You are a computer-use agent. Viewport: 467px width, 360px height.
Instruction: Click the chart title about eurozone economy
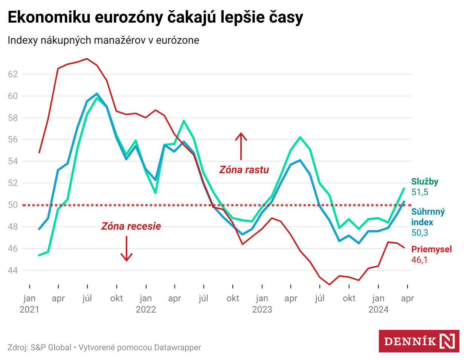[x=155, y=17]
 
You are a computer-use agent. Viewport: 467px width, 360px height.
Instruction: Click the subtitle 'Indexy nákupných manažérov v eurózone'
[x=103, y=40]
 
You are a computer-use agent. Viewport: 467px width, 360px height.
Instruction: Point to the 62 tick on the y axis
[x=13, y=74]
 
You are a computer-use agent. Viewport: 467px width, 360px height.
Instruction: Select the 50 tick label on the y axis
[x=13, y=205]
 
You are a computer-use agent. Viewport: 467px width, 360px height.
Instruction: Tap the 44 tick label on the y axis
[x=13, y=270]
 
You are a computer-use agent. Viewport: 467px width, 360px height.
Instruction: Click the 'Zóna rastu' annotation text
[x=244, y=170]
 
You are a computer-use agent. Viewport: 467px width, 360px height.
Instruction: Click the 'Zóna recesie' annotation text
[x=131, y=226]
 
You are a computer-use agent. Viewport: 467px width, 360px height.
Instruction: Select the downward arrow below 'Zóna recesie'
[x=127, y=249]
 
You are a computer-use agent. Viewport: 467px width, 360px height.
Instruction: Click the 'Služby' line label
[x=425, y=182]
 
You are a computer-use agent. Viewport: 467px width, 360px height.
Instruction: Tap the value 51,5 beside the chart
[x=420, y=192]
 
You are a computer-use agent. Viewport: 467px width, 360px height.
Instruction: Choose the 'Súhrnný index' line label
[x=428, y=217]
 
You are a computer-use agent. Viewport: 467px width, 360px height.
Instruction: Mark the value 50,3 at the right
[x=420, y=233]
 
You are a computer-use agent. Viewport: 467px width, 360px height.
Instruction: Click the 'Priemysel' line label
[x=431, y=249]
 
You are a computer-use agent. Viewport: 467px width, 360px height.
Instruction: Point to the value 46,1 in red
[x=419, y=260]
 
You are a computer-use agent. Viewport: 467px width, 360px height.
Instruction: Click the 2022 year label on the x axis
[x=146, y=310]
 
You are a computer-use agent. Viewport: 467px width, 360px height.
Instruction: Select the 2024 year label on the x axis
[x=378, y=310]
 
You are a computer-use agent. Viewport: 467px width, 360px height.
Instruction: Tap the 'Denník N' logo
[x=419, y=341]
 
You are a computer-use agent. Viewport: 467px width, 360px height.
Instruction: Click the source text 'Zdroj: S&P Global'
[x=40, y=347]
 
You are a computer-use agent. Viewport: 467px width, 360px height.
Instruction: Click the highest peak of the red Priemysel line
[x=87, y=59]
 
